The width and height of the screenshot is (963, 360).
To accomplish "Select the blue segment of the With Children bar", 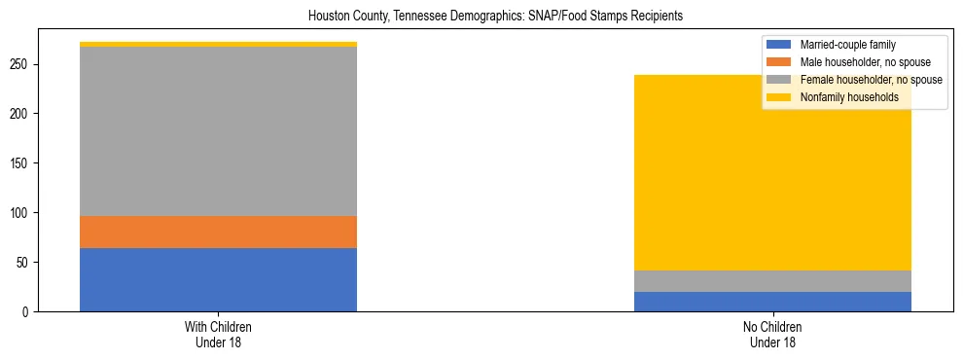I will [218, 279].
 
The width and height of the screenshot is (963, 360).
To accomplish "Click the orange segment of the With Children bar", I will [218, 232].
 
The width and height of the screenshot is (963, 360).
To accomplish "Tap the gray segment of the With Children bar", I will [218, 131].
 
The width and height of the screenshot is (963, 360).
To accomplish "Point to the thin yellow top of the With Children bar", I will [218, 44].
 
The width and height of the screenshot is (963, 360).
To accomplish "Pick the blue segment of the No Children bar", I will [772, 302].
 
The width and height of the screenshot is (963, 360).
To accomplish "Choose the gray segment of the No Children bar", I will [772, 281].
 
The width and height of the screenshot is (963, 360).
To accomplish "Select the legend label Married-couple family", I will [847, 45].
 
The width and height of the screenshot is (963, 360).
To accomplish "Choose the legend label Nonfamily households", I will [843, 97].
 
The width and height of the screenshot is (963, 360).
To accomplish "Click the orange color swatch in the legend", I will [779, 62].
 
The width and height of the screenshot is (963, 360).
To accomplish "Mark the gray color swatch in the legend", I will [779, 80].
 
